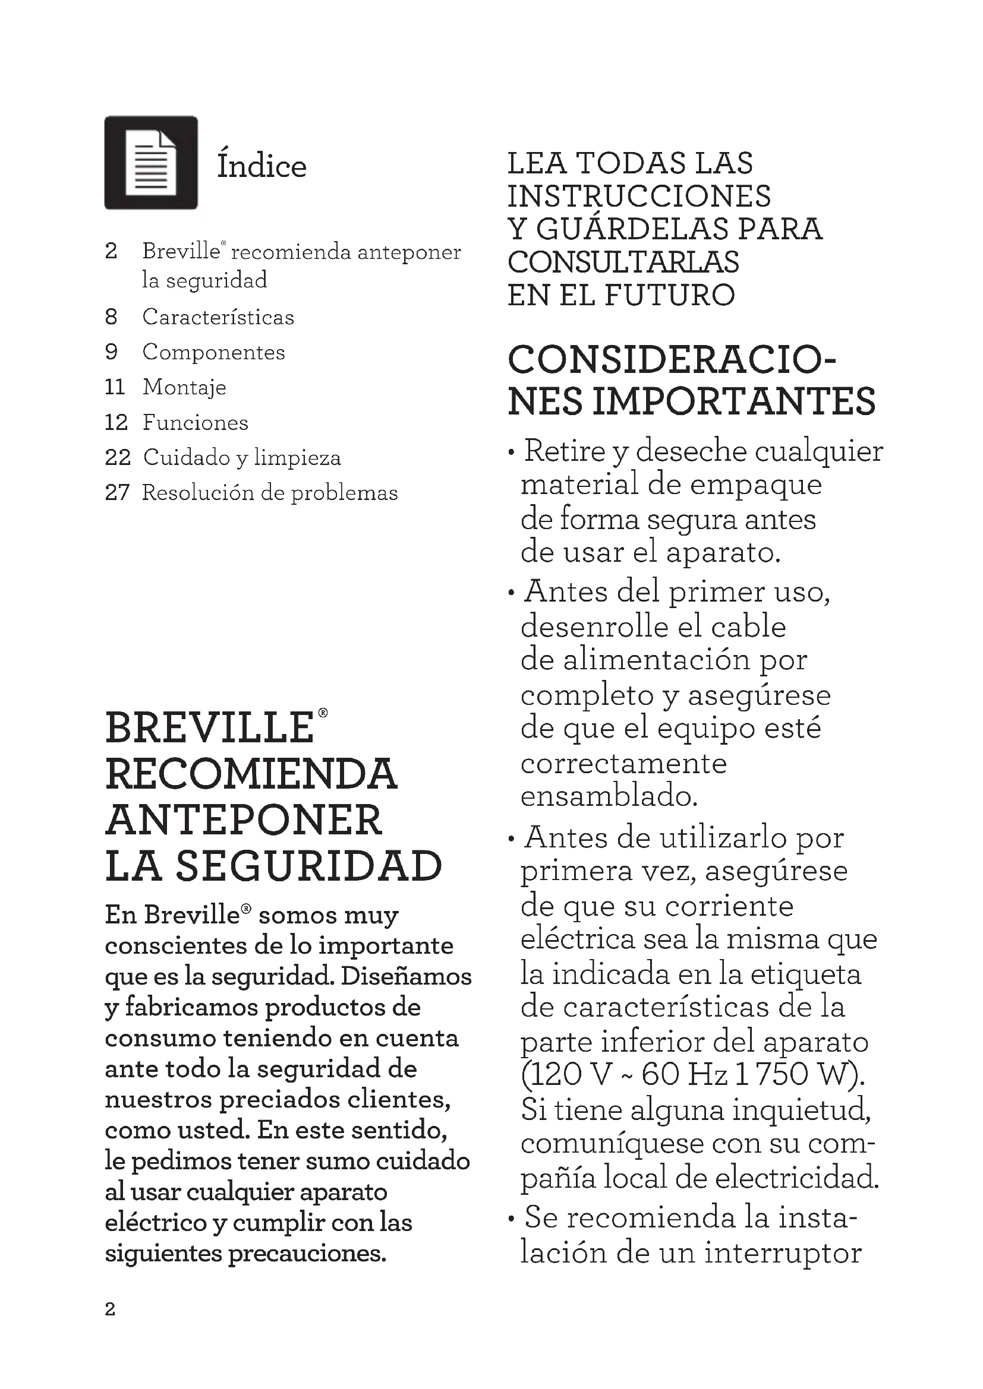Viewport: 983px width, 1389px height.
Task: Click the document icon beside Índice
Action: (151, 163)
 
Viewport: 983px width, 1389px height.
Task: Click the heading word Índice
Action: (261, 166)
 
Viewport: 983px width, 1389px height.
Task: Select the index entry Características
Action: (218, 317)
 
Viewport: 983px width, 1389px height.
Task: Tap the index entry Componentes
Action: (214, 352)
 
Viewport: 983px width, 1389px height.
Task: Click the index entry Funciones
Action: (195, 422)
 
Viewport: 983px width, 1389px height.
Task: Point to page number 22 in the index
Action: (118, 457)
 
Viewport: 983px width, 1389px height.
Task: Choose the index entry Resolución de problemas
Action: (269, 493)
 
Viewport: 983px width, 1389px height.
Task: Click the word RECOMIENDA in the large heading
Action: (251, 775)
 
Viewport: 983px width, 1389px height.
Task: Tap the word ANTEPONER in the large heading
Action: (244, 821)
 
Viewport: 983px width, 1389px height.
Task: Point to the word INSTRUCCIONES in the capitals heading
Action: (638, 197)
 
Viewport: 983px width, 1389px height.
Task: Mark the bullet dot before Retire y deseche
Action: (512, 453)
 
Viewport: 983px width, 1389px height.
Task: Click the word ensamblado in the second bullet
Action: (609, 796)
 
